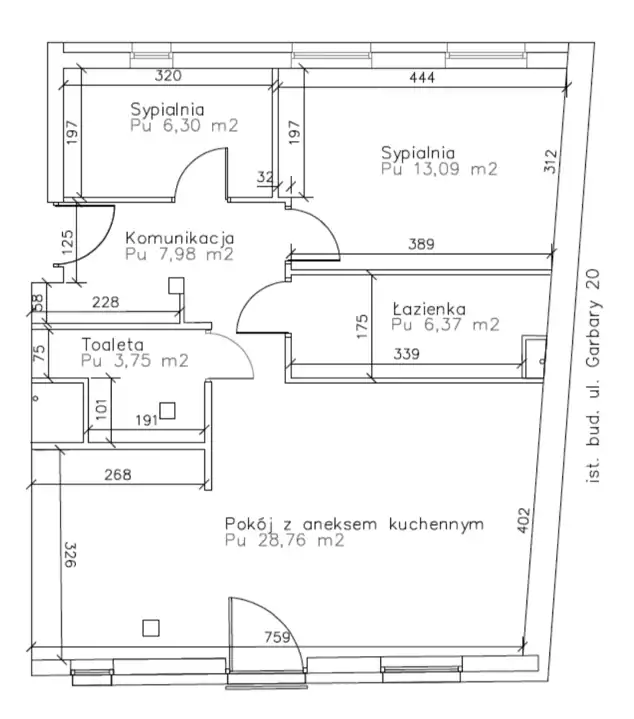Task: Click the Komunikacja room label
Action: pyautogui.click(x=180, y=238)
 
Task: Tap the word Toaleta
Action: pyautogui.click(x=113, y=344)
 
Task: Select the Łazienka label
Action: pyautogui.click(x=429, y=309)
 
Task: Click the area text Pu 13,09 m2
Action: pyautogui.click(x=439, y=169)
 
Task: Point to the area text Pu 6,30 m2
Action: pyautogui.click(x=184, y=126)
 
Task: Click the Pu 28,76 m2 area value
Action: pyautogui.click(x=285, y=540)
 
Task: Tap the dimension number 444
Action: pyautogui.click(x=422, y=77)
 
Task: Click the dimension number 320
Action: pyautogui.click(x=168, y=75)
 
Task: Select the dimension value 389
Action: pyautogui.click(x=421, y=243)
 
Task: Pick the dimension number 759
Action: pyautogui.click(x=277, y=637)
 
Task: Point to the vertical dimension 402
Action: pyautogui.click(x=524, y=520)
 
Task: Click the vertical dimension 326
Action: pyautogui.click(x=70, y=555)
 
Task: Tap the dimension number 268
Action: pyautogui.click(x=118, y=474)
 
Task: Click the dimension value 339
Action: pyautogui.click(x=406, y=354)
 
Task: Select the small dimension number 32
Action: pyautogui.click(x=265, y=177)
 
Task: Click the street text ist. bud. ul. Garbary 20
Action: pyautogui.click(x=593, y=376)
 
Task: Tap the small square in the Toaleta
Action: pyautogui.click(x=167, y=410)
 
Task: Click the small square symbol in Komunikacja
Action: pyautogui.click(x=176, y=285)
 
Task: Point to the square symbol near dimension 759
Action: pyautogui.click(x=151, y=628)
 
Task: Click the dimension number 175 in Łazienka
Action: pyautogui.click(x=362, y=327)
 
